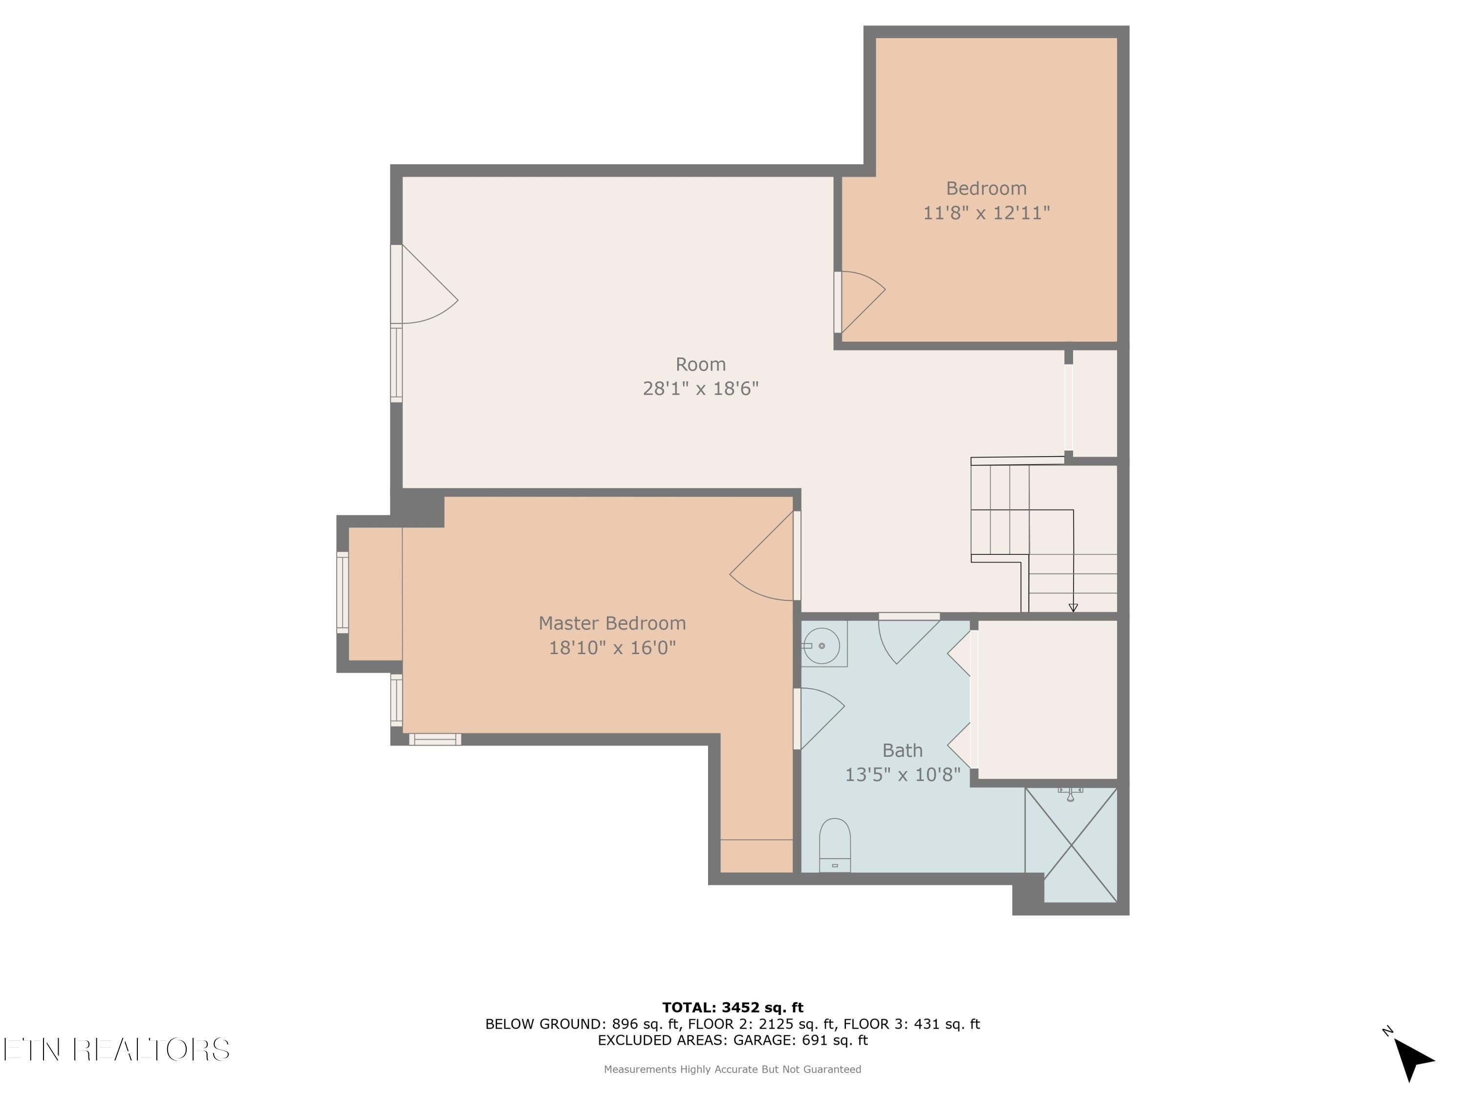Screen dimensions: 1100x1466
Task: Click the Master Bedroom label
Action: click(612, 623)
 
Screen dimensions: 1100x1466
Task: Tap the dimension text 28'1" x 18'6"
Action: click(701, 389)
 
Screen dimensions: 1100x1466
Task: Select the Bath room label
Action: click(902, 750)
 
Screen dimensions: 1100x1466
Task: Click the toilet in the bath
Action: click(835, 845)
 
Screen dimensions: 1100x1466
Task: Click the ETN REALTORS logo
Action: click(117, 1050)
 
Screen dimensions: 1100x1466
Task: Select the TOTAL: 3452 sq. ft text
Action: click(733, 1008)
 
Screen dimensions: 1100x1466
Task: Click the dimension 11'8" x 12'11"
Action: click(986, 213)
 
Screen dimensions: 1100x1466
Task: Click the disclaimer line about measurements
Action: click(733, 1069)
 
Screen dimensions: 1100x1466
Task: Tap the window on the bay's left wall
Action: click(343, 592)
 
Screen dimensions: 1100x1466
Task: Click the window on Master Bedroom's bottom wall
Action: click(435, 739)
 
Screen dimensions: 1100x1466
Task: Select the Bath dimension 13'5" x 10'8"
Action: click(902, 774)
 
